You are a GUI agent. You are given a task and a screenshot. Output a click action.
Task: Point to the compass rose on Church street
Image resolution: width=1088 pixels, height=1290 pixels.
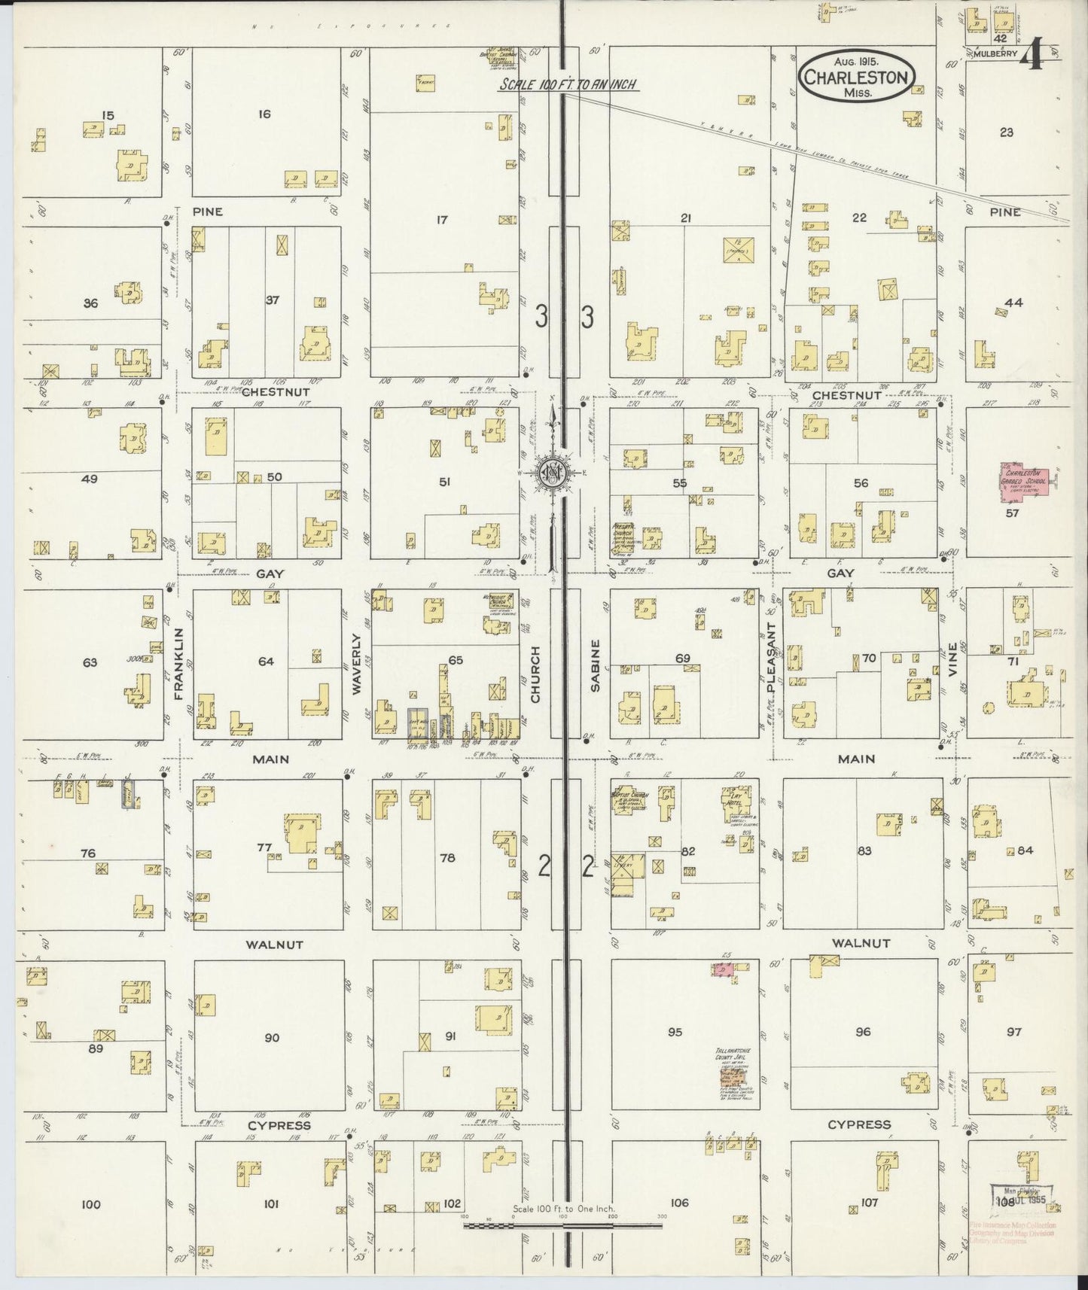coord(553,472)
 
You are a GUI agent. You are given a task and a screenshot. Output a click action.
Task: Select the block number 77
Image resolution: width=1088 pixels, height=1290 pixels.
coord(264,847)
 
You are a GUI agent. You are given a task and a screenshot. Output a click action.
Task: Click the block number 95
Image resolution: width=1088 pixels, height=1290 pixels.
coord(675,1032)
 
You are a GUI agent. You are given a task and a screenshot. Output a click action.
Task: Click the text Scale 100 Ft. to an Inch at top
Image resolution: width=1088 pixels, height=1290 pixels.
coord(570,85)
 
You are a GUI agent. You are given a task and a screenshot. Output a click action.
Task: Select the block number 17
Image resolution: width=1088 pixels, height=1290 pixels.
coord(441,220)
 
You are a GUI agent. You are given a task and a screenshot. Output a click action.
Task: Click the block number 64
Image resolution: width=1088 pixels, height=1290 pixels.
coord(266,662)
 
